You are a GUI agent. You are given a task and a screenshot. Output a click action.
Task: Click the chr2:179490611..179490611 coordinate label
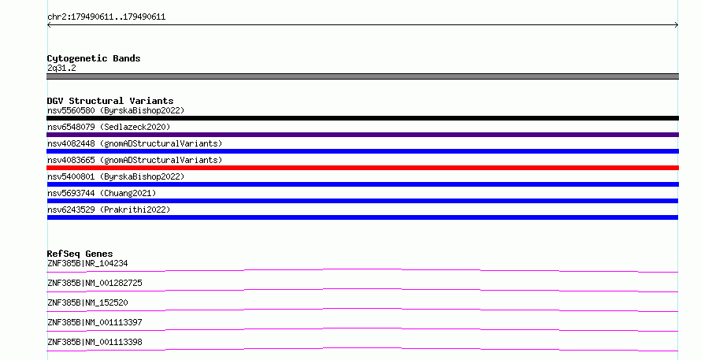[106, 17]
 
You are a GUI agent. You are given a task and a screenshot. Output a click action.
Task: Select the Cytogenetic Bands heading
[94, 58]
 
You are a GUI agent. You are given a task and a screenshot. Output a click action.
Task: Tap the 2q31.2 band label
[61, 68]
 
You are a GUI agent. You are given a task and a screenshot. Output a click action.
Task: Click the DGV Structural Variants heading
[110, 101]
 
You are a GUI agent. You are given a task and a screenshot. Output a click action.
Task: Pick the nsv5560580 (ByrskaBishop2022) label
[116, 110]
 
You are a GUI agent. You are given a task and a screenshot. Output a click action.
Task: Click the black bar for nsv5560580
[362, 118]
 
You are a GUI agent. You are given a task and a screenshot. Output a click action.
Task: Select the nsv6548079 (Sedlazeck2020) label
[109, 127]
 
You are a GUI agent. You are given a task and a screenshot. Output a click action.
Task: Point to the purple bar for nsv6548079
[362, 135]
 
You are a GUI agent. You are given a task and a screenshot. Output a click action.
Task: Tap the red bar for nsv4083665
[362, 168]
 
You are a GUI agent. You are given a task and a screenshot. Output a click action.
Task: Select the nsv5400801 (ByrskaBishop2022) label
[116, 176]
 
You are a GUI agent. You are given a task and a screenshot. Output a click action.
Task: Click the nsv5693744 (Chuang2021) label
[102, 193]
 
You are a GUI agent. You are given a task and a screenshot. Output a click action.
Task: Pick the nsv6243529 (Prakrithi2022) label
[109, 210]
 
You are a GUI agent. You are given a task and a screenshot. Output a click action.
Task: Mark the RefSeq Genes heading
[80, 254]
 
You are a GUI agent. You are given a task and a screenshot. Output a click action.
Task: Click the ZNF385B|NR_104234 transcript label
[87, 263]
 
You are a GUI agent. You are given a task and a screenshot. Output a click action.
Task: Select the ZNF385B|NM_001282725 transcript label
[95, 283]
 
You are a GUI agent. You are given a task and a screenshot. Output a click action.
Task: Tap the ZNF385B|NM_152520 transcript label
[87, 302]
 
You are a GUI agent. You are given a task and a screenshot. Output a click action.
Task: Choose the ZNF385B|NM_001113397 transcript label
[95, 322]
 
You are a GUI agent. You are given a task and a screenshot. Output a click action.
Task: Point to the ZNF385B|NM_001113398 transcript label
[95, 342]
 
